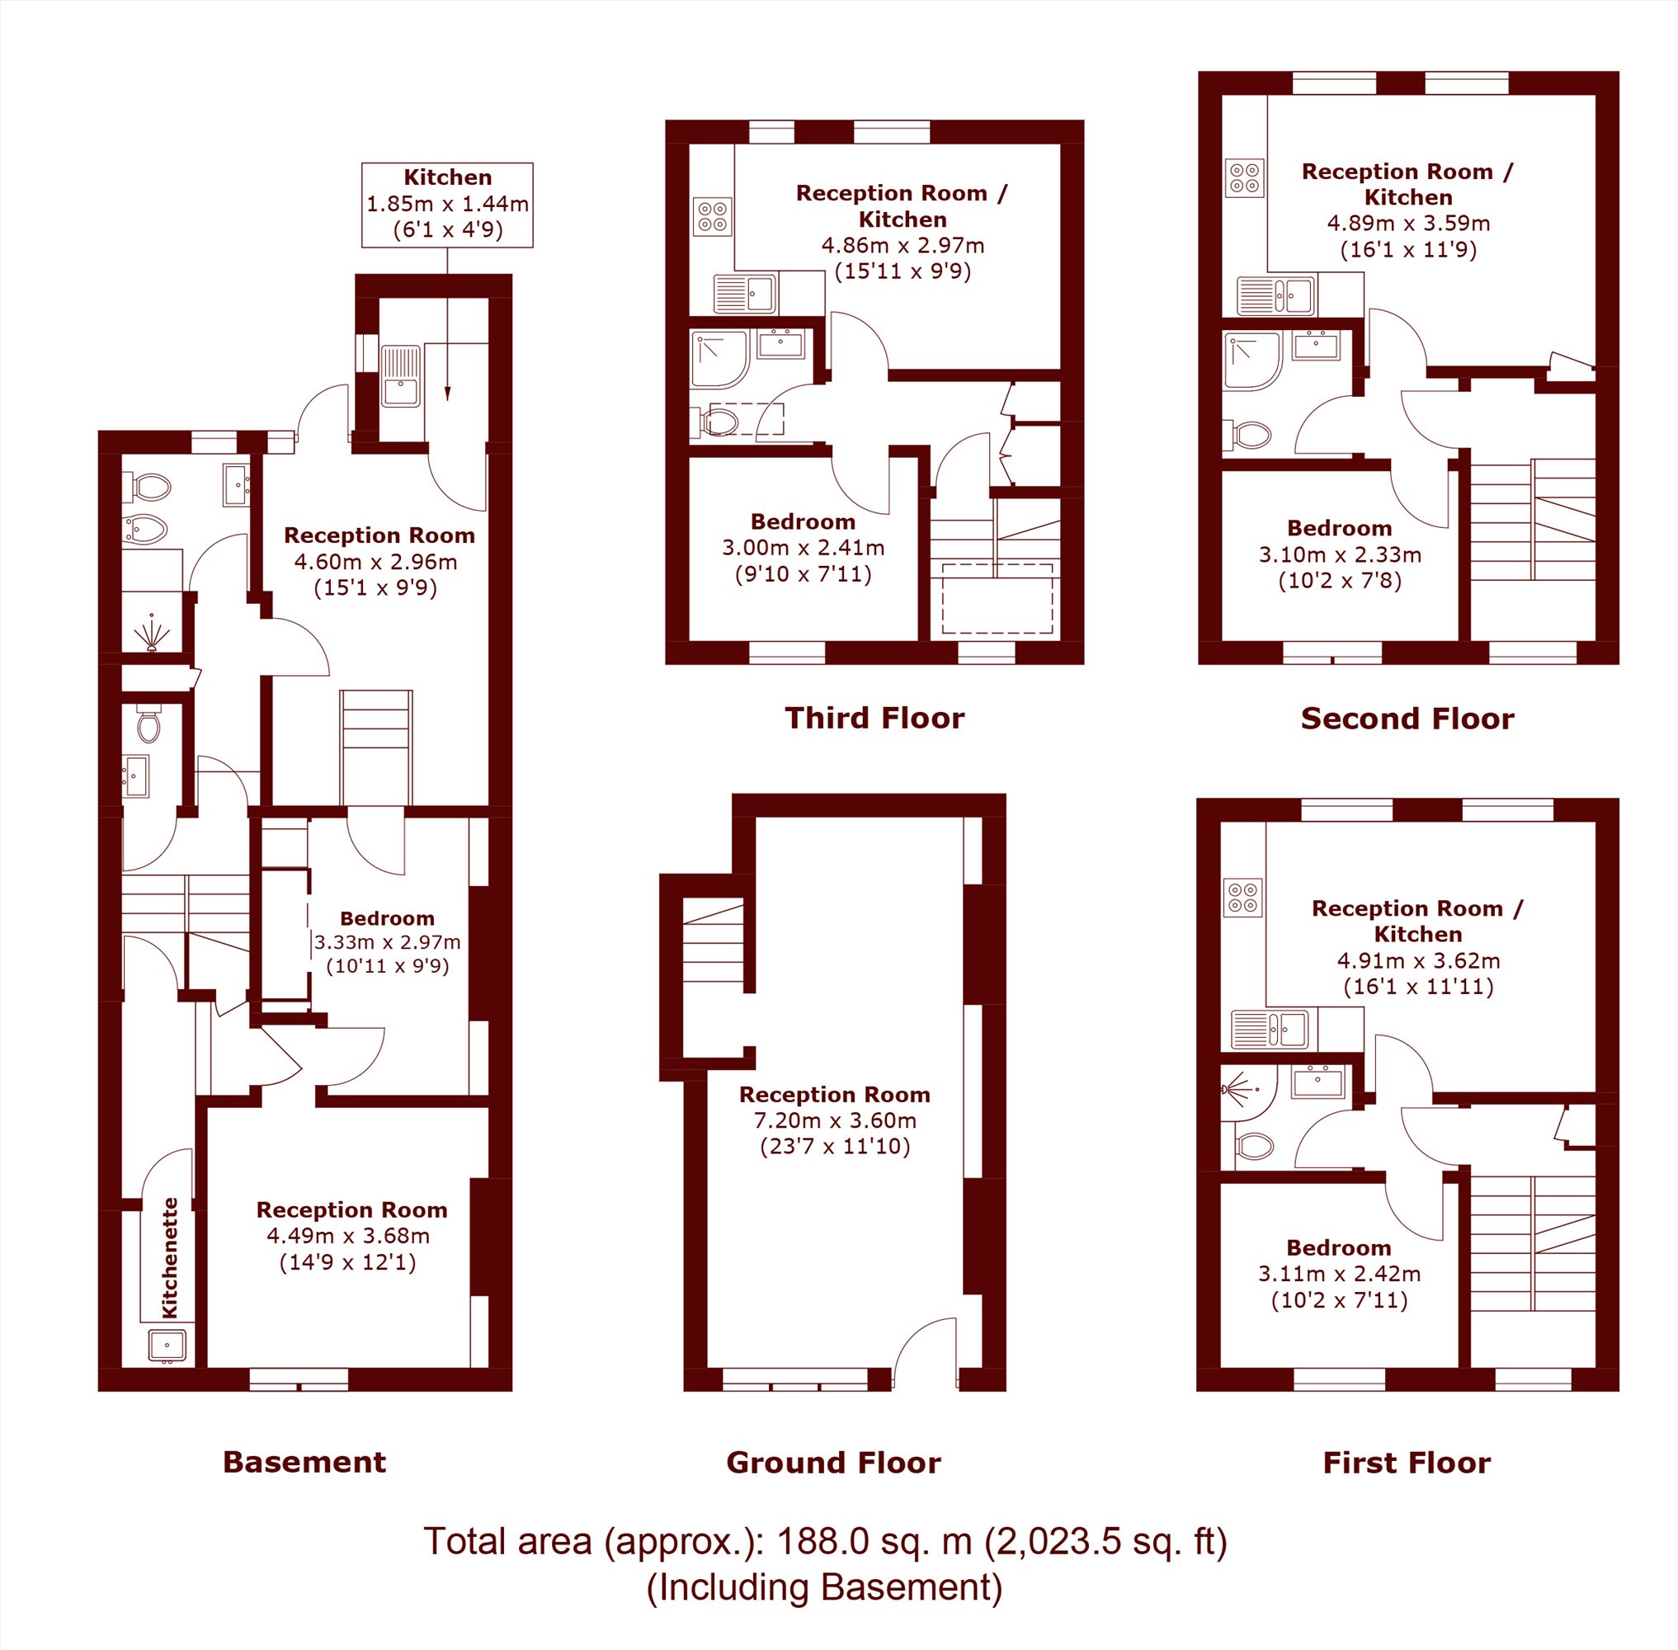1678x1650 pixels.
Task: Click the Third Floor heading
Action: pos(874,719)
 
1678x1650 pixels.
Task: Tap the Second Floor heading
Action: pos(1407,719)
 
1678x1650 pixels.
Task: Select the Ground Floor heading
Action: pos(833,1463)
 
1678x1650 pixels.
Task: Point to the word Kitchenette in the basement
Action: pos(170,1257)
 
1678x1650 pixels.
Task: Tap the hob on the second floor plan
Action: pos(1245,177)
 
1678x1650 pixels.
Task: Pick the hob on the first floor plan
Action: pos(1243,897)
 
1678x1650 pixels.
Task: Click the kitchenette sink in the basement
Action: pos(167,1345)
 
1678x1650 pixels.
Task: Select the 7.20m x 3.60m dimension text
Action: pos(835,1120)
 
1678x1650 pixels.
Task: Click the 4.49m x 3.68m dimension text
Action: pos(347,1236)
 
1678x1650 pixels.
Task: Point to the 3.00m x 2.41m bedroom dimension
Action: pos(803,548)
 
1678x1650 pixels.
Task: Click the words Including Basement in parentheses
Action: pos(824,1586)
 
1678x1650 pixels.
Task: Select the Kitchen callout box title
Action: pos(447,177)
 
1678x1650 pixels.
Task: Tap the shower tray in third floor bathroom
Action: pos(719,359)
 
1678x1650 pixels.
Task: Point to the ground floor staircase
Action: pos(714,942)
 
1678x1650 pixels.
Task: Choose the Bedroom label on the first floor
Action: pos(1338,1248)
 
